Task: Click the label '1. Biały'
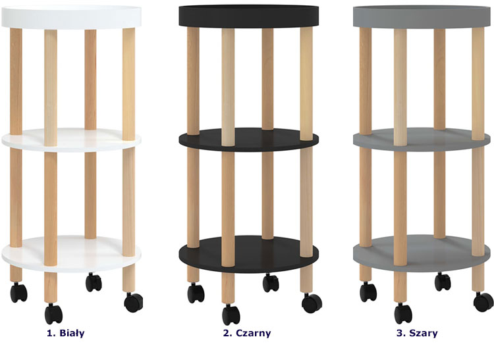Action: (x=65, y=333)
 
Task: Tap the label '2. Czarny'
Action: (x=247, y=333)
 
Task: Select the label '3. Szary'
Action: (x=417, y=333)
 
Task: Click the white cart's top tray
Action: (x=71, y=16)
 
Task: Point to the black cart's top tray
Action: (x=248, y=16)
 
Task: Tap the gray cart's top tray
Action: (x=422, y=16)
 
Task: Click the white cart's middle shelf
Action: (x=71, y=140)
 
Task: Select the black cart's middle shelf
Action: (x=248, y=140)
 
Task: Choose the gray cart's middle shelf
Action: (x=422, y=140)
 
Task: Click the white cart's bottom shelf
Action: (x=71, y=253)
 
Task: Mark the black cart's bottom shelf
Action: (x=248, y=254)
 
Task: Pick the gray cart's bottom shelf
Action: (x=422, y=253)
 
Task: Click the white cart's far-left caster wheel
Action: (x=18, y=292)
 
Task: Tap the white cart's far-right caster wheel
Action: (x=134, y=302)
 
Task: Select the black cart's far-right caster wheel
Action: (x=312, y=303)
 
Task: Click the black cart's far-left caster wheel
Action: (x=196, y=293)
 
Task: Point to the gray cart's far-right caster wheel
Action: (x=483, y=302)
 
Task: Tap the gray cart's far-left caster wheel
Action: (x=368, y=292)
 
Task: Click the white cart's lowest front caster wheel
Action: (x=53, y=314)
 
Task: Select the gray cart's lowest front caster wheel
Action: (x=403, y=313)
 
